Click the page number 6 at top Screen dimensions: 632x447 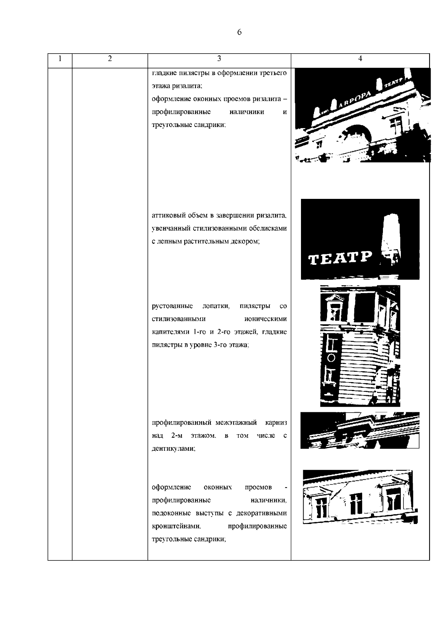coord(239,32)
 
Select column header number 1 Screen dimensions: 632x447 coord(60,58)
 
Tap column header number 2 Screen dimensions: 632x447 coord(110,58)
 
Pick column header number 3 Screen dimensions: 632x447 coord(219,58)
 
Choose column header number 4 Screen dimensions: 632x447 coord(360,58)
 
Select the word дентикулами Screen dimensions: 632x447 coord(174,449)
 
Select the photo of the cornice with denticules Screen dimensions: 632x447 coord(360,430)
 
